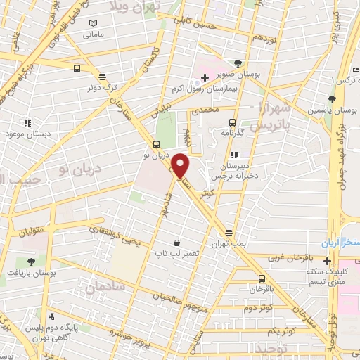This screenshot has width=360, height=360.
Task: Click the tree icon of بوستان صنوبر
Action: [238, 62]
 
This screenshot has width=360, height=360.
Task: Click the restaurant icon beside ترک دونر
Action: [103, 77]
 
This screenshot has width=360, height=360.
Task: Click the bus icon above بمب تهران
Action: [229, 232]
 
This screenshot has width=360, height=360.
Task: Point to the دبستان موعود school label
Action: [29, 132]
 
